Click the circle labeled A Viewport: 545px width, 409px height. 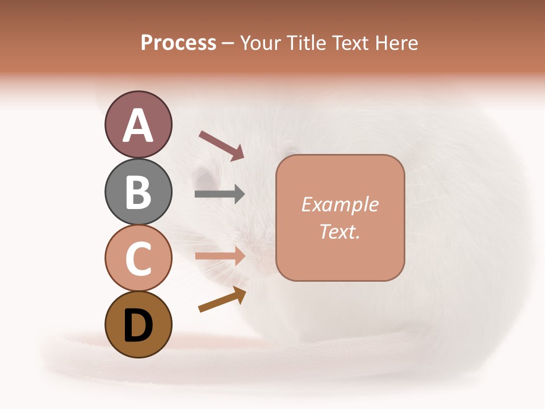click(138, 124)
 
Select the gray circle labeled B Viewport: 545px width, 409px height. click(138, 191)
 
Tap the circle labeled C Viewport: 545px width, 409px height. click(138, 258)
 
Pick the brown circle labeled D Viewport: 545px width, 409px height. click(138, 324)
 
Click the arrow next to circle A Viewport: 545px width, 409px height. click(221, 145)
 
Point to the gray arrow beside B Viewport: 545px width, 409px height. click(220, 194)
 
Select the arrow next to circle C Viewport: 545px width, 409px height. click(220, 256)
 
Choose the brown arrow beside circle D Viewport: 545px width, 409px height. click(222, 299)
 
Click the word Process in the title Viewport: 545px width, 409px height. click(178, 43)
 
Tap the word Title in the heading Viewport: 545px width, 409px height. click(306, 43)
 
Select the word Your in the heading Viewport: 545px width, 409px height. click(261, 43)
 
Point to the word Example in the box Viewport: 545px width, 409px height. click(339, 204)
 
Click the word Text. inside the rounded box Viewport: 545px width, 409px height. click(339, 231)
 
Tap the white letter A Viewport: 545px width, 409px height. click(138, 126)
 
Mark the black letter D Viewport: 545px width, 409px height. click(138, 325)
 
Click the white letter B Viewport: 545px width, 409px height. click(138, 192)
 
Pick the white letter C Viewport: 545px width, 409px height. click(138, 258)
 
